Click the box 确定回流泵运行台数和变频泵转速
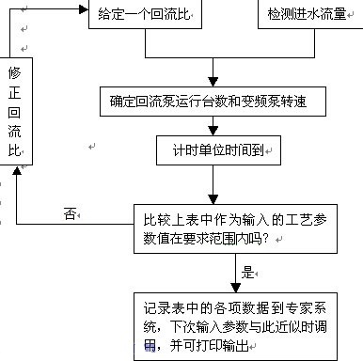[x=217, y=101]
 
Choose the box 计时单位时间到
[x=217, y=149]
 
